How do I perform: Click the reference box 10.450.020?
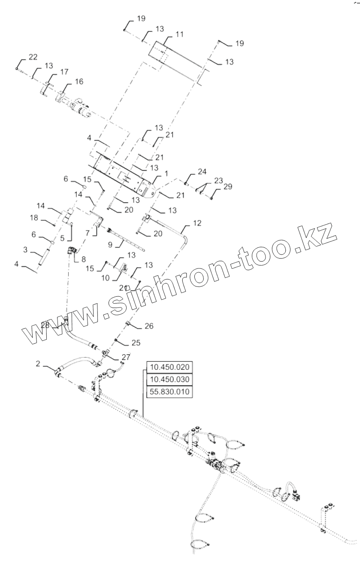point(170,367)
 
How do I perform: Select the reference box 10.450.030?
point(170,380)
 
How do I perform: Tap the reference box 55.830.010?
point(170,392)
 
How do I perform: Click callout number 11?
point(179,34)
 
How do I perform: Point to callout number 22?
point(33,57)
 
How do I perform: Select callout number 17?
point(64,72)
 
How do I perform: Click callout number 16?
point(79,82)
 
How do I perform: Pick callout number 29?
point(227,186)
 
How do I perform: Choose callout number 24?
point(202,171)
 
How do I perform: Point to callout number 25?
point(136,343)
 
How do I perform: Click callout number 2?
point(38,364)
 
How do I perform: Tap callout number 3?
point(25,249)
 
